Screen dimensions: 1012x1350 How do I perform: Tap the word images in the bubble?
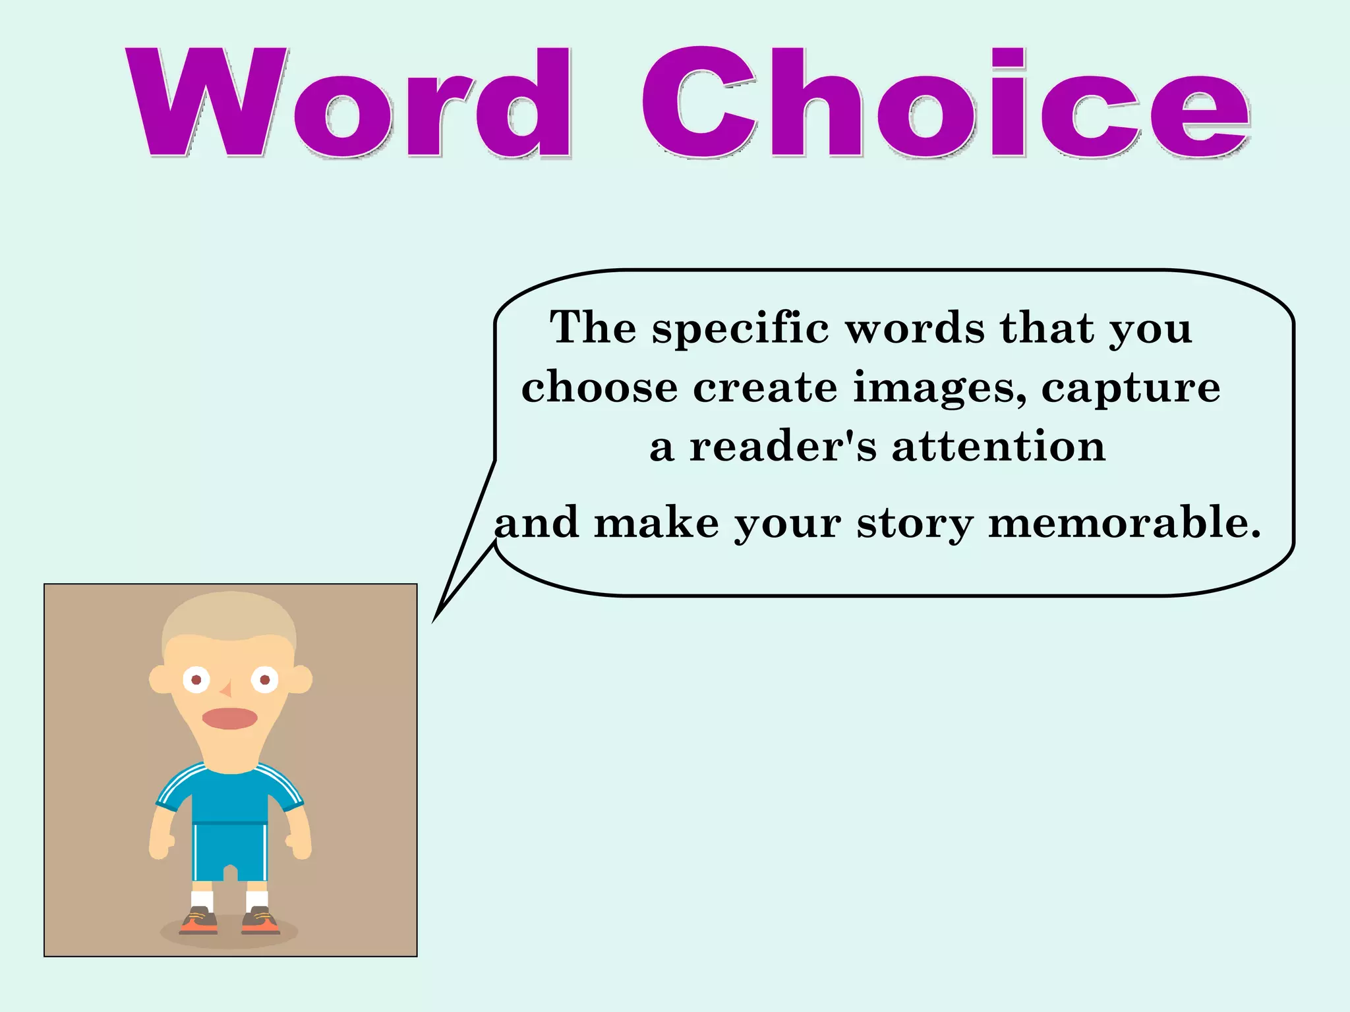[x=939, y=388]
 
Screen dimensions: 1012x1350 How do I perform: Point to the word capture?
[x=1130, y=388]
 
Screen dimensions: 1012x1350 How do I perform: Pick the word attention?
[x=999, y=447]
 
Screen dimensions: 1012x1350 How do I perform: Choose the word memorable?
[x=1125, y=523]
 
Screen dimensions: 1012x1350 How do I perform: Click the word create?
[x=765, y=388]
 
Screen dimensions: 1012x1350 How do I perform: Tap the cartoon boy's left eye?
[x=196, y=679]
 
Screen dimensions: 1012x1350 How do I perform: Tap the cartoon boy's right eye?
[x=265, y=679]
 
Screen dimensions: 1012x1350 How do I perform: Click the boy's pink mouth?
[x=229, y=718]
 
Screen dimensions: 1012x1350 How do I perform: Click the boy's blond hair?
[x=229, y=613]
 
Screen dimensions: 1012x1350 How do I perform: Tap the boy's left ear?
[x=159, y=679]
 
